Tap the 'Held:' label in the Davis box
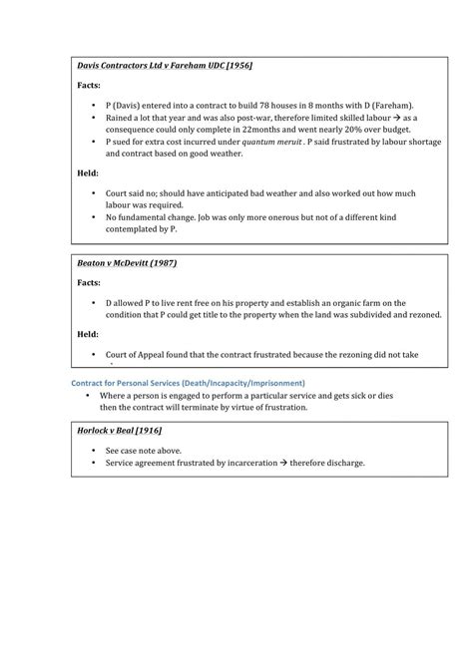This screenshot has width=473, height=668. point(89,171)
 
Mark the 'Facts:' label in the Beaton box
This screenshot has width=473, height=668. point(90,283)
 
